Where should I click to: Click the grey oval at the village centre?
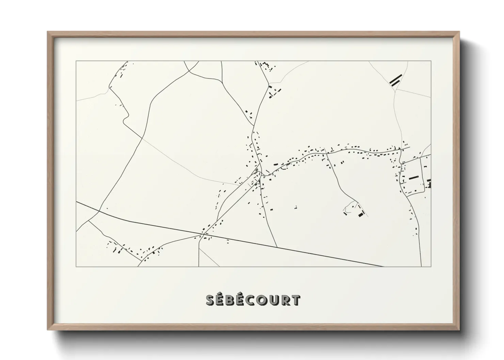click(x=256, y=169)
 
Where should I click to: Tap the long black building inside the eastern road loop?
click(x=413, y=177)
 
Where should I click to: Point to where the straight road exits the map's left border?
click(x=76, y=202)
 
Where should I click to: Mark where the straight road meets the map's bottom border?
click(x=384, y=266)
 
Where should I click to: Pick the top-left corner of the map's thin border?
click(x=76, y=61)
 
